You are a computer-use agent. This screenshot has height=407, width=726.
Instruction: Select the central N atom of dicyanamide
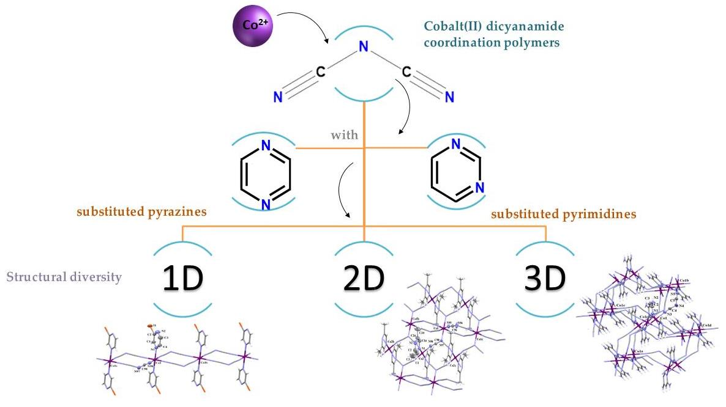364,46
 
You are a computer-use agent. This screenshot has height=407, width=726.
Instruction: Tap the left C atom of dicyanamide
320,72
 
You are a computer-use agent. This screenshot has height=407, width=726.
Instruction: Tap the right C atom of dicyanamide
406,72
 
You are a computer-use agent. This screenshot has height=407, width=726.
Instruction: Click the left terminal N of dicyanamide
278,97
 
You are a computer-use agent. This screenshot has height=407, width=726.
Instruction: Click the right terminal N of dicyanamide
449,97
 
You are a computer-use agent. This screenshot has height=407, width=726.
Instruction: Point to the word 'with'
345,134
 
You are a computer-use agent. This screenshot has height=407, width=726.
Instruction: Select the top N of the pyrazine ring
265,146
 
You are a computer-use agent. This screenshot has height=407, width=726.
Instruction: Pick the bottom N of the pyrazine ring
265,205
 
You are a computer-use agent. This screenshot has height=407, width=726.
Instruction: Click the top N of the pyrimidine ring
455,145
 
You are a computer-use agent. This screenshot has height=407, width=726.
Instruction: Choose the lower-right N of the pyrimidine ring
480,188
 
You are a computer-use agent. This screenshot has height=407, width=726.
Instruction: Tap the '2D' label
363,279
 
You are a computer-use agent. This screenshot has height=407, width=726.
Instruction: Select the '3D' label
544,279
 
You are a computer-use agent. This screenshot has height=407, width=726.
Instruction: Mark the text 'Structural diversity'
64,277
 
